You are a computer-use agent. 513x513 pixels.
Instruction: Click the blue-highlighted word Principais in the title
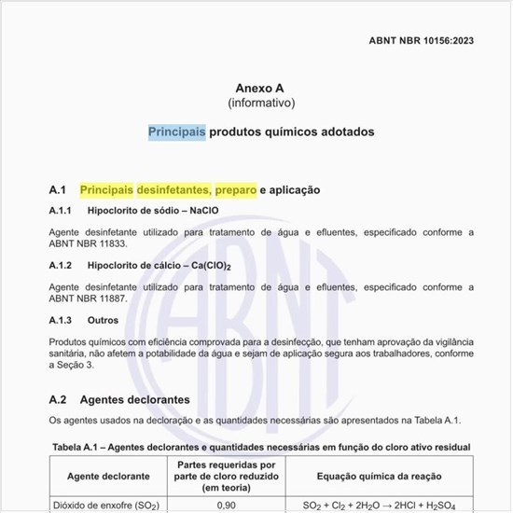pyautogui.click(x=177, y=132)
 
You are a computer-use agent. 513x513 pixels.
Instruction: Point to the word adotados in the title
pyautogui.click(x=344, y=132)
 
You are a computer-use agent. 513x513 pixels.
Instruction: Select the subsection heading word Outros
pyautogui.click(x=102, y=320)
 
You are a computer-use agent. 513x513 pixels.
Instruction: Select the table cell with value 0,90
pyautogui.click(x=225, y=505)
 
